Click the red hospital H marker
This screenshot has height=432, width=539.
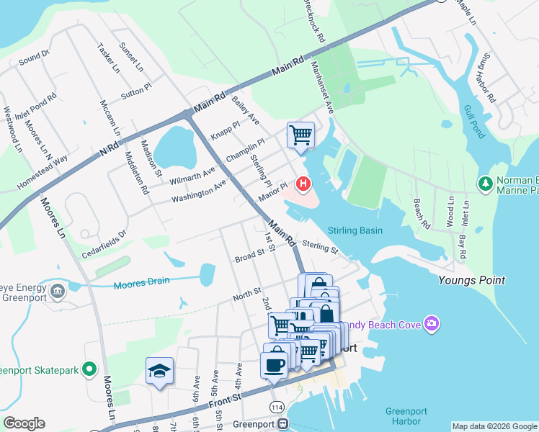click(303, 185)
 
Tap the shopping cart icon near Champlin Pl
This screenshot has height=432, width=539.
click(300, 134)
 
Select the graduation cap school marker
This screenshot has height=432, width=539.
click(159, 371)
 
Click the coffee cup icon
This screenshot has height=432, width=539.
click(274, 364)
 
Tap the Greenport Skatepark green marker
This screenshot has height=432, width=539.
click(89, 369)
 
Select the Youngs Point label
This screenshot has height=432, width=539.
click(472, 280)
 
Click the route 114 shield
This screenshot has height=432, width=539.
click(277, 407)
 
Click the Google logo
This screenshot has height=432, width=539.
click(24, 423)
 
